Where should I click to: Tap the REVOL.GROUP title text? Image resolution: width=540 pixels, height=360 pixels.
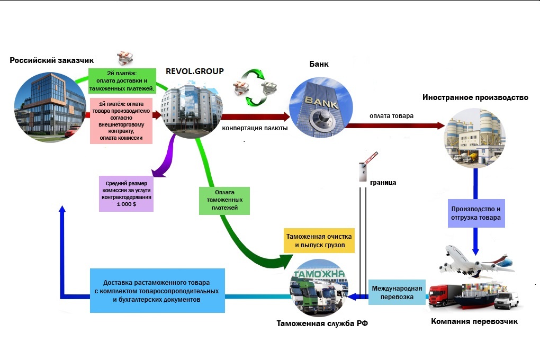[x=194, y=71]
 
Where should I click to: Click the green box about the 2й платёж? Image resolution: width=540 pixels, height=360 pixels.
[x=122, y=80]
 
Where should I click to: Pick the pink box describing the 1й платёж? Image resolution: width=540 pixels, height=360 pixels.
[x=122, y=121]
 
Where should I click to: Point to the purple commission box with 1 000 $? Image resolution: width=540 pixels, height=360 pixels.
[x=127, y=193]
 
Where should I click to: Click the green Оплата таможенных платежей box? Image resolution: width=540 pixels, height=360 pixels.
[x=225, y=200]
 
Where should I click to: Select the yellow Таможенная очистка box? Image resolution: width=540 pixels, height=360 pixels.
[x=319, y=241]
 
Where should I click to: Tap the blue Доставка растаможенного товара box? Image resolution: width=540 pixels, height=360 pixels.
[x=157, y=291]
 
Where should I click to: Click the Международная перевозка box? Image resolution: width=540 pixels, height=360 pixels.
[x=397, y=292]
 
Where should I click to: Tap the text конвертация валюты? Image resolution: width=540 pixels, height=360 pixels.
[x=255, y=128]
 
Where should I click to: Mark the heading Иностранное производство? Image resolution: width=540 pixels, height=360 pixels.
[x=475, y=97]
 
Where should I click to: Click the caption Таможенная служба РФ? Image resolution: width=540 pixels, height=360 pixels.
[x=322, y=323]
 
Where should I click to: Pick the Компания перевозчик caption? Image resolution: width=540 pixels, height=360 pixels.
[x=474, y=321]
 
